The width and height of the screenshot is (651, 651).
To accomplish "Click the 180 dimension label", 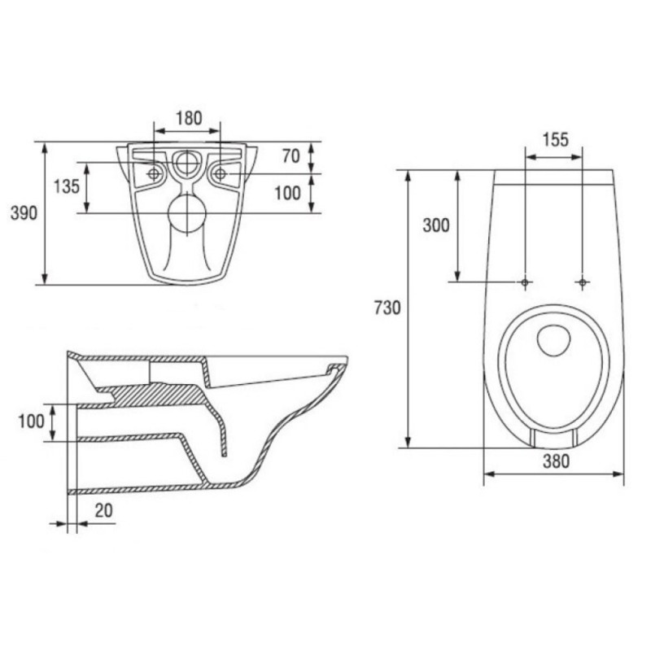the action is click(x=189, y=118).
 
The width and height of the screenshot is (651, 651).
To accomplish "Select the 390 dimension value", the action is click(x=24, y=213).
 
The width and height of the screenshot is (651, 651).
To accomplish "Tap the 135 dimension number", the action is click(x=66, y=186).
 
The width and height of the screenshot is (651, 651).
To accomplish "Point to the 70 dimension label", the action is click(x=291, y=156).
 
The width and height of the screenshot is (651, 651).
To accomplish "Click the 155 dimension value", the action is click(x=556, y=139).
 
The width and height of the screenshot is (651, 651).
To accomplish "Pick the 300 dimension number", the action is click(x=436, y=225).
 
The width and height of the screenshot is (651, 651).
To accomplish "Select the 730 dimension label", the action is click(x=387, y=308).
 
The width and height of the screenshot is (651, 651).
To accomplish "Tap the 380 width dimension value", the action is click(x=557, y=461).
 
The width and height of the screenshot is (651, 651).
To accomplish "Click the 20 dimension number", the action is click(x=104, y=511).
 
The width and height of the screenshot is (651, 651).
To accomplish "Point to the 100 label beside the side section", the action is click(x=31, y=422).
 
